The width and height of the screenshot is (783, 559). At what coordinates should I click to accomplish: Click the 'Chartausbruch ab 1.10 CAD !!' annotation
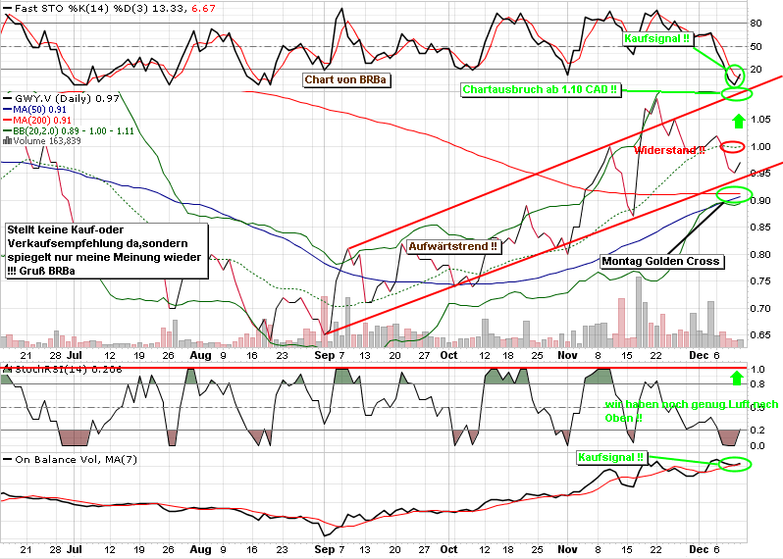point(541,89)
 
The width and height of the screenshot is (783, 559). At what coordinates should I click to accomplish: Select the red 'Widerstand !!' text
point(670,151)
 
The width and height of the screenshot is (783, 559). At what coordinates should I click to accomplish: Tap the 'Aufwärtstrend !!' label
point(452,247)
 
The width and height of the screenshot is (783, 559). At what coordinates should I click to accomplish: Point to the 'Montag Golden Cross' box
point(662,262)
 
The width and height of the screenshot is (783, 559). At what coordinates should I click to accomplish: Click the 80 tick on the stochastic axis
point(757,23)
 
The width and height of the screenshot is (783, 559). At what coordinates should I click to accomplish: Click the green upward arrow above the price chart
point(736,123)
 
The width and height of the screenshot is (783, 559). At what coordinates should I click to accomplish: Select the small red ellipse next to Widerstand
point(732,147)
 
